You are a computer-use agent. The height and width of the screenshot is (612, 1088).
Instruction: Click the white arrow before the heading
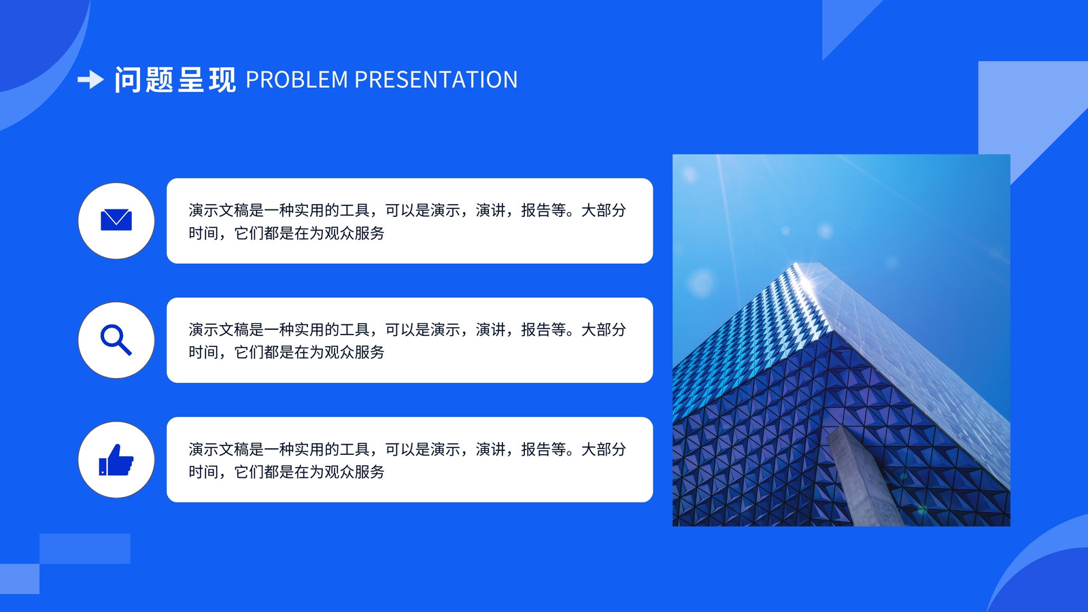point(91,80)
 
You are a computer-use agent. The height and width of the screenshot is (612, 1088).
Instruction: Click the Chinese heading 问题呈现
point(175,80)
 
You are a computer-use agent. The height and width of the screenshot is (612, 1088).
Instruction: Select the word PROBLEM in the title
point(296,80)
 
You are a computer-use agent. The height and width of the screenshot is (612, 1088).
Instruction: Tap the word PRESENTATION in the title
point(436,80)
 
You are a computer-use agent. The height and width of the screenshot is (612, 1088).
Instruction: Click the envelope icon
point(116,220)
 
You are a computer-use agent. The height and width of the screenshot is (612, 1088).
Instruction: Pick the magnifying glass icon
point(116,339)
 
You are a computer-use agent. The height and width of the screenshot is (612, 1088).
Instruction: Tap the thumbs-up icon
point(116,460)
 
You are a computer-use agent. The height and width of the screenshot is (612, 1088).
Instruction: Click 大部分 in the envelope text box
point(603,210)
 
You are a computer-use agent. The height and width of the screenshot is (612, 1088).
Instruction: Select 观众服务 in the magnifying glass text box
point(354,352)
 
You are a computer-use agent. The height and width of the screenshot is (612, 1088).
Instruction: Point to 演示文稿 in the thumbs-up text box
point(218,449)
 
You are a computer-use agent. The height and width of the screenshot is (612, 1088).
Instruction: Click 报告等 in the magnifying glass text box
point(543,330)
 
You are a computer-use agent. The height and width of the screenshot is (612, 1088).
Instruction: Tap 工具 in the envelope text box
point(354,210)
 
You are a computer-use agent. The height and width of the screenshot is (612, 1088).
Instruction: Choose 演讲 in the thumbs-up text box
point(490,449)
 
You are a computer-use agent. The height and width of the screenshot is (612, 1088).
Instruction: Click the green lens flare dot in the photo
point(921,509)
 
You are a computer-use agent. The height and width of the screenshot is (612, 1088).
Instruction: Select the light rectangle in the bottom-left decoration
point(84,549)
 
